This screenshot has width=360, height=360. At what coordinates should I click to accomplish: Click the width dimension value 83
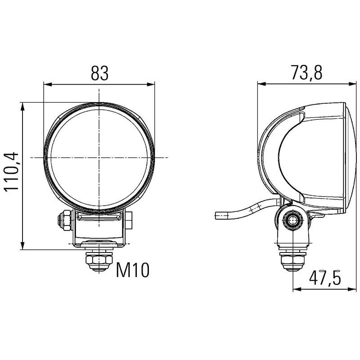(x=99, y=73)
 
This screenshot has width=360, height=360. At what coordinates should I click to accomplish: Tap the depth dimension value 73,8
(x=306, y=73)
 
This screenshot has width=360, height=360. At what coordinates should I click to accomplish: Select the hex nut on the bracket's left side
(x=63, y=220)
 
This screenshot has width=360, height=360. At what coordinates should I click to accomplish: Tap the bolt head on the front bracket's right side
(x=129, y=220)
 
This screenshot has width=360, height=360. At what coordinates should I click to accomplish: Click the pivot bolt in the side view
(x=293, y=220)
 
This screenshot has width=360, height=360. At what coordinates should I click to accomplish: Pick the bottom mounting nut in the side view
(x=292, y=260)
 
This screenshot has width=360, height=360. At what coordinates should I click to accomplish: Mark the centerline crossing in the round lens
(x=100, y=157)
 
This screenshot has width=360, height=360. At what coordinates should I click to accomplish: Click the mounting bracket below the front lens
(x=99, y=232)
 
